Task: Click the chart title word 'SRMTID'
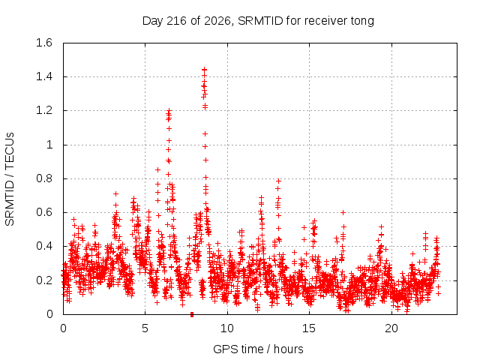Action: [260, 21]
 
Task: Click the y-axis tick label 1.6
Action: [44, 43]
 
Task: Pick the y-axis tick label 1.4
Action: [44, 76]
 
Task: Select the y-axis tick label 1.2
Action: [44, 110]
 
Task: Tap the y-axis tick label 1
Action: [49, 145]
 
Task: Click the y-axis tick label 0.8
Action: [44, 178]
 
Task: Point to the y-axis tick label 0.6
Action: [44, 212]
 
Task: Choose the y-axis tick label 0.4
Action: [44, 246]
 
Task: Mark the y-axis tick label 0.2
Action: [44, 280]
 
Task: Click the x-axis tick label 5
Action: [145, 328]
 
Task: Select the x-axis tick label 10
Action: [227, 328]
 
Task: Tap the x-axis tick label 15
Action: [309, 328]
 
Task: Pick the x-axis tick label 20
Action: [391, 328]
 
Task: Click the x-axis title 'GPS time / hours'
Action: [258, 349]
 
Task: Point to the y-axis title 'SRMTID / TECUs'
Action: [10, 179]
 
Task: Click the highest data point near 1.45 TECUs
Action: [204, 70]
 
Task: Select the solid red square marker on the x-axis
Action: [192, 314]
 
